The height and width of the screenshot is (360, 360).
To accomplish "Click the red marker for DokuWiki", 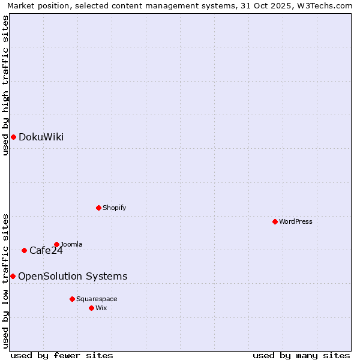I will pyautogui.click(x=13, y=137).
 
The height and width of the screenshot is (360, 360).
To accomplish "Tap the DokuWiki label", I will pyautogui.click(x=41, y=137).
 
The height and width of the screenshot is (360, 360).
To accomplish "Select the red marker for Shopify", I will pyautogui.click(x=98, y=208).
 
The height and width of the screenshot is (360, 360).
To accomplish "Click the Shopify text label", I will pyautogui.click(x=114, y=208).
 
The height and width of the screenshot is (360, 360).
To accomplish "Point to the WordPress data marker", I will pyautogui.click(x=275, y=222).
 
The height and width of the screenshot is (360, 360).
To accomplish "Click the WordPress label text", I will pyautogui.click(x=296, y=222).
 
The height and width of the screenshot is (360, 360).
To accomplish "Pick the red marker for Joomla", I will pyautogui.click(x=56, y=245).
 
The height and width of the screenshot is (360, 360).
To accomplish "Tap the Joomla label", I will pyautogui.click(x=71, y=245).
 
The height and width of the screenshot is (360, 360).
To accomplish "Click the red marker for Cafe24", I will pyautogui.click(x=24, y=251).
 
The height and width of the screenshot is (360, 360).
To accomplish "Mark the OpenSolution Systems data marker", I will pyautogui.click(x=13, y=277).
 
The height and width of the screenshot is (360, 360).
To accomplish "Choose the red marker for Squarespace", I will pyautogui.click(x=72, y=299).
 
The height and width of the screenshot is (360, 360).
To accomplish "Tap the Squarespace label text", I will pyautogui.click(x=97, y=299).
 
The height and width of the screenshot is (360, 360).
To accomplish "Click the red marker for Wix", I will pyautogui.click(x=91, y=308).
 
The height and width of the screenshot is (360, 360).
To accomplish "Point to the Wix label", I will pyautogui.click(x=101, y=308).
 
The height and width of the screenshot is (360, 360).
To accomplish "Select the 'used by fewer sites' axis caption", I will pyautogui.click(x=62, y=355).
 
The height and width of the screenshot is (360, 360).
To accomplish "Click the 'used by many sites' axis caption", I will pyautogui.click(x=301, y=355).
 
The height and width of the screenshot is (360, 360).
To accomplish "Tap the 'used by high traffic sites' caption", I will pyautogui.click(x=6, y=86).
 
